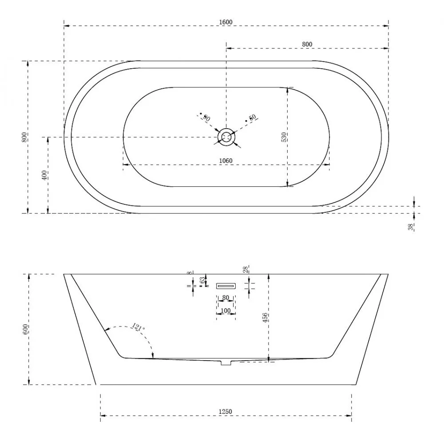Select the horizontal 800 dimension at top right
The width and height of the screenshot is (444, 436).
click(307, 44)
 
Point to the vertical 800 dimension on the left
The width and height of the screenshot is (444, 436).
click(25, 137)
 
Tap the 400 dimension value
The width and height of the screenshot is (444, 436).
click(44, 175)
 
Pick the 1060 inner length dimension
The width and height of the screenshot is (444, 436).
click(226, 160)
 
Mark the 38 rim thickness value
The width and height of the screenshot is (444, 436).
click(411, 227)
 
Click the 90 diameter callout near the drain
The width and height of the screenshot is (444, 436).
click(206, 118)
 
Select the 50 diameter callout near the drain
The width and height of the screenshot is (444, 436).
click(252, 118)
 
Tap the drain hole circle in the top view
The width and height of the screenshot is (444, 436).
click(226, 137)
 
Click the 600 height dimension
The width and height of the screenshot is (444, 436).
click(25, 329)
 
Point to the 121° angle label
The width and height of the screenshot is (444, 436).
click(138, 328)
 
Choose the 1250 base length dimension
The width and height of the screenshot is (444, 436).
click(226, 412)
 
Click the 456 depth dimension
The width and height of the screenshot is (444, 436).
click(265, 317)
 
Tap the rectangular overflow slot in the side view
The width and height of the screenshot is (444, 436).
click(226, 286)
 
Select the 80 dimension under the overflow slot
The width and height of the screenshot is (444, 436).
click(226, 298)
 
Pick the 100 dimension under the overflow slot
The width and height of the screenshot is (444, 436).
click(226, 310)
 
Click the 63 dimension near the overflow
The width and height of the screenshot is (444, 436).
click(202, 280)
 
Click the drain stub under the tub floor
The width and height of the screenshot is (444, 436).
click(226, 363)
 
